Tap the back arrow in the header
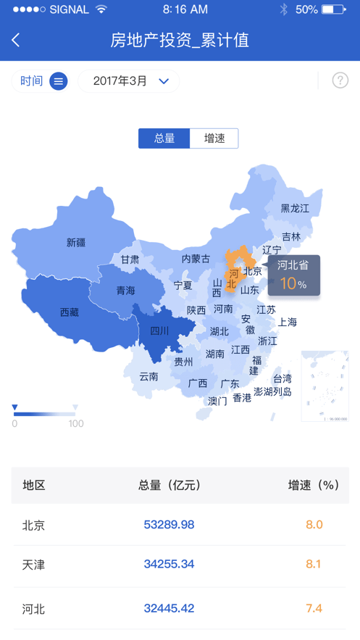click(x=16, y=41)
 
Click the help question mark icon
click(x=340, y=80)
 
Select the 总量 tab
click(x=164, y=138)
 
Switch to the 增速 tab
click(x=214, y=138)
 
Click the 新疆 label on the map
click(x=76, y=243)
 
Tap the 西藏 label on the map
click(x=70, y=312)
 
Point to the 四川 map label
click(x=159, y=331)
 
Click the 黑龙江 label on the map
click(x=295, y=208)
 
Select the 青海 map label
click(x=126, y=291)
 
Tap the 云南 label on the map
click(x=148, y=376)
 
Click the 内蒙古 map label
click(x=196, y=259)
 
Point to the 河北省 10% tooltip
click(x=293, y=275)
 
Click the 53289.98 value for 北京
click(x=169, y=525)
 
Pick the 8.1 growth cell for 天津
click(x=313, y=564)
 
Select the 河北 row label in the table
click(x=33, y=609)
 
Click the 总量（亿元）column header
click(x=169, y=486)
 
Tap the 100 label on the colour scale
click(x=76, y=424)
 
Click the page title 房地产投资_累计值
click(x=180, y=41)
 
